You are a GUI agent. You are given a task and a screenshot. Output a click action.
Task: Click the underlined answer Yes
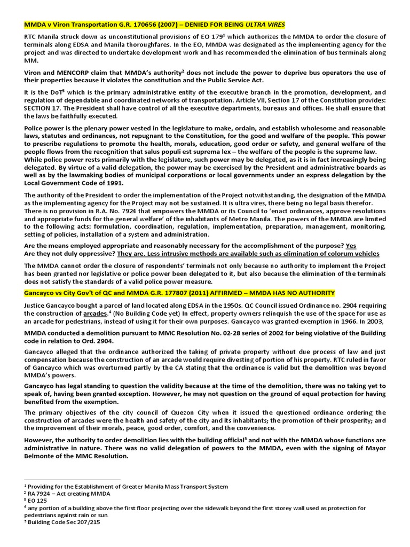click(351, 245)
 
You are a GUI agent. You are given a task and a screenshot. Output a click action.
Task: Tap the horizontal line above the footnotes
click(73, 480)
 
